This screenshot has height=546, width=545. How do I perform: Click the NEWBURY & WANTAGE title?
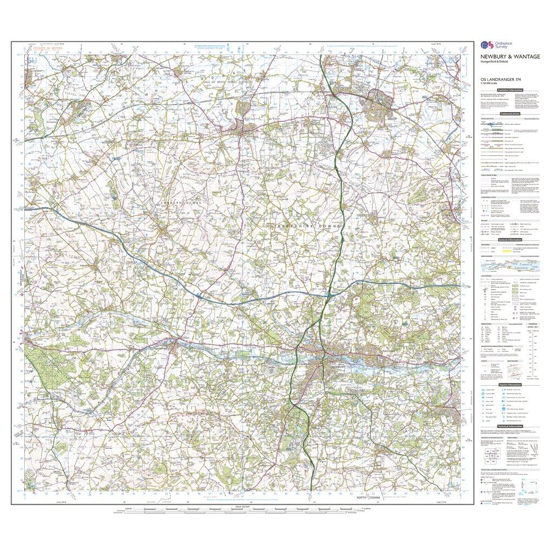coord(503,57)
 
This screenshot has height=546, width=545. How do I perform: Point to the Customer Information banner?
coord(510,90)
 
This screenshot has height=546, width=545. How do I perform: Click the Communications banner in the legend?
coord(510,114)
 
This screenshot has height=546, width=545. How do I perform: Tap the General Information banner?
coord(510,239)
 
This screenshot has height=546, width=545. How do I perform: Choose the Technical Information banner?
coord(510,426)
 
